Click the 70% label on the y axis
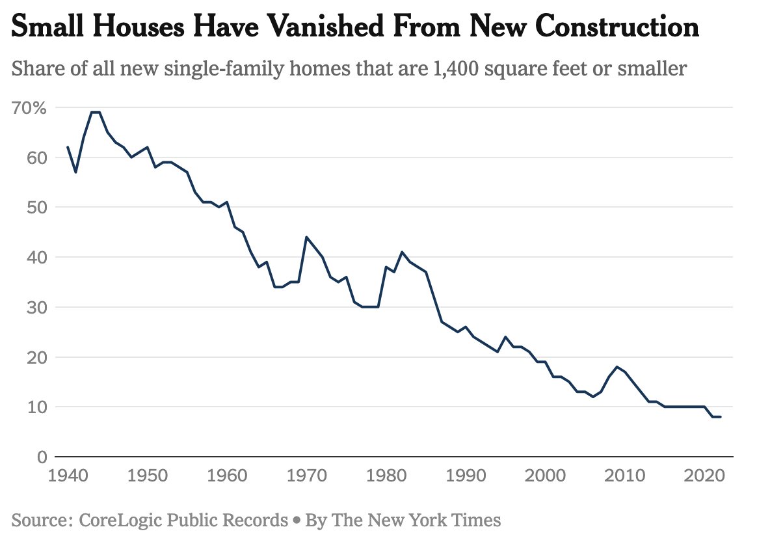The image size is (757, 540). click(x=29, y=108)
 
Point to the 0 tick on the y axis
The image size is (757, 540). click(x=42, y=457)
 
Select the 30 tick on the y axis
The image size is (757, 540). click(x=37, y=307)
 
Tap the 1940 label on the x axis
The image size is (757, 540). click(x=68, y=476)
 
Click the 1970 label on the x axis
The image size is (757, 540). click(x=306, y=476)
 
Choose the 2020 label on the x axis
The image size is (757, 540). click(x=704, y=476)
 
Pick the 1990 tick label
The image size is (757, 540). click(x=466, y=476)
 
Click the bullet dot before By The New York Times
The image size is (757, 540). click(x=297, y=520)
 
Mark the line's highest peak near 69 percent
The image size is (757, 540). click(x=96, y=112)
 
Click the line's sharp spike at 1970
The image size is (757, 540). click(x=306, y=237)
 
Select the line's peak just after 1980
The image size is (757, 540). click(x=402, y=252)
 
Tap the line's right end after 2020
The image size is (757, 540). click(x=721, y=417)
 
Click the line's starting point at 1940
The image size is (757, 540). click(x=68, y=147)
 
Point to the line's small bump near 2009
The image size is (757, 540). click(x=617, y=367)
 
